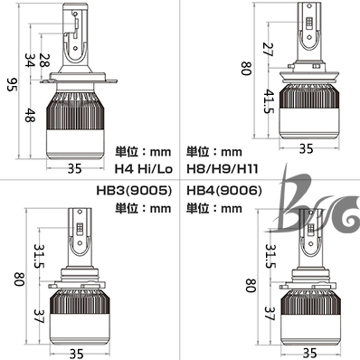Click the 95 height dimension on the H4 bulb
point(13,85)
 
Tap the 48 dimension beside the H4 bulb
point(30,115)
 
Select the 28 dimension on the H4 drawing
point(45,61)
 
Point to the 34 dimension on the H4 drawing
point(30,61)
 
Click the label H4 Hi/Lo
point(144,169)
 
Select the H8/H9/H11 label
point(223,169)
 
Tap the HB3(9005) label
point(134,191)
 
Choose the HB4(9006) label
point(224,191)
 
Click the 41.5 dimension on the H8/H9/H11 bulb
point(268,101)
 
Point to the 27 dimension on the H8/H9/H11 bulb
point(268,50)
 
